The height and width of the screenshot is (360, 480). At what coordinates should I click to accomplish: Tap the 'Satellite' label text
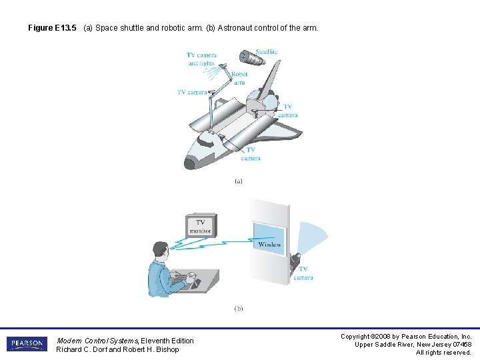pos(266,51)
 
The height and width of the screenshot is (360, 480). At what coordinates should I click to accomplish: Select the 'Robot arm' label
pos(239,79)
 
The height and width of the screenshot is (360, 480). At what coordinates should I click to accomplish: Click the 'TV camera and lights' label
pos(201,59)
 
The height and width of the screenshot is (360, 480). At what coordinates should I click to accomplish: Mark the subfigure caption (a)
pos(238,181)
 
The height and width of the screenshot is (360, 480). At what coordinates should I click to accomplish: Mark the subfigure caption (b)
pos(238,309)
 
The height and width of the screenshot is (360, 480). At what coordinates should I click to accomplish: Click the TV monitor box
pos(200,226)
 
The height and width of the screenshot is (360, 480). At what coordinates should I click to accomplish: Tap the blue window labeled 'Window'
pos(269,238)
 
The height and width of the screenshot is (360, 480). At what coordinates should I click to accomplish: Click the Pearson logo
pos(27,344)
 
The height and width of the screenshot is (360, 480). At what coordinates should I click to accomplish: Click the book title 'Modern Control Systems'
pos(98,341)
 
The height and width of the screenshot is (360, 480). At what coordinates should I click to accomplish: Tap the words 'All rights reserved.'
pos(443,353)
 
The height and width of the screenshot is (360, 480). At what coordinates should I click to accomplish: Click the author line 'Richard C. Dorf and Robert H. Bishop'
pos(117,349)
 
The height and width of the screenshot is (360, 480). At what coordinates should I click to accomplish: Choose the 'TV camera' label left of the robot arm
pos(192,92)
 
